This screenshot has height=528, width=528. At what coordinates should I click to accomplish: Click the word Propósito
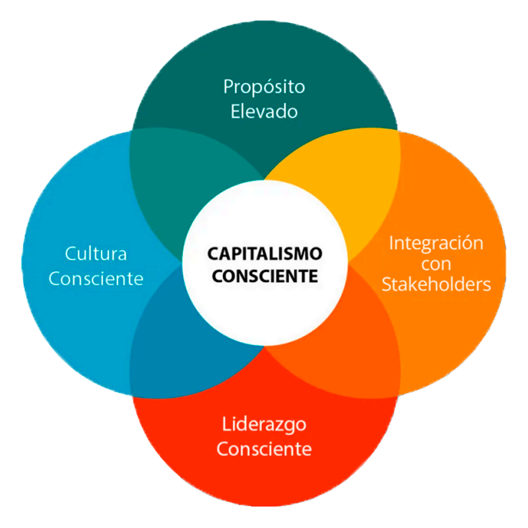pyautogui.click(x=264, y=87)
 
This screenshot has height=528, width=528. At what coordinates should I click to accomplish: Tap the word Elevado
pyautogui.click(x=264, y=111)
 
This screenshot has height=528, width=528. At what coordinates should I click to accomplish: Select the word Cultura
pyautogui.click(x=96, y=253)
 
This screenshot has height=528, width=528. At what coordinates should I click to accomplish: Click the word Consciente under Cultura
pyautogui.click(x=96, y=279)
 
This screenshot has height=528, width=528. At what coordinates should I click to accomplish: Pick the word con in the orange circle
pyautogui.click(x=436, y=264)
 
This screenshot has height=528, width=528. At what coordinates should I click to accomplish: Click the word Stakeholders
pyautogui.click(x=436, y=284)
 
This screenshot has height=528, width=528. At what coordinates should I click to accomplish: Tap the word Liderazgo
pyautogui.click(x=264, y=424)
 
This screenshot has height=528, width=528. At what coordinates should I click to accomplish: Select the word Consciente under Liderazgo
pyautogui.click(x=264, y=449)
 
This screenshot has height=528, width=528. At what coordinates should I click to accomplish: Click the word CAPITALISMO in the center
pyautogui.click(x=264, y=253)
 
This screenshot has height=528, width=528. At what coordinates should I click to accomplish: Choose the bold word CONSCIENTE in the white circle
pyautogui.click(x=264, y=275)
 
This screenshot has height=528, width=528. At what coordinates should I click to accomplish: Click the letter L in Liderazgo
pyautogui.click(x=226, y=424)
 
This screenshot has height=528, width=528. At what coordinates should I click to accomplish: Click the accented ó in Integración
pyautogui.click(x=469, y=243)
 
